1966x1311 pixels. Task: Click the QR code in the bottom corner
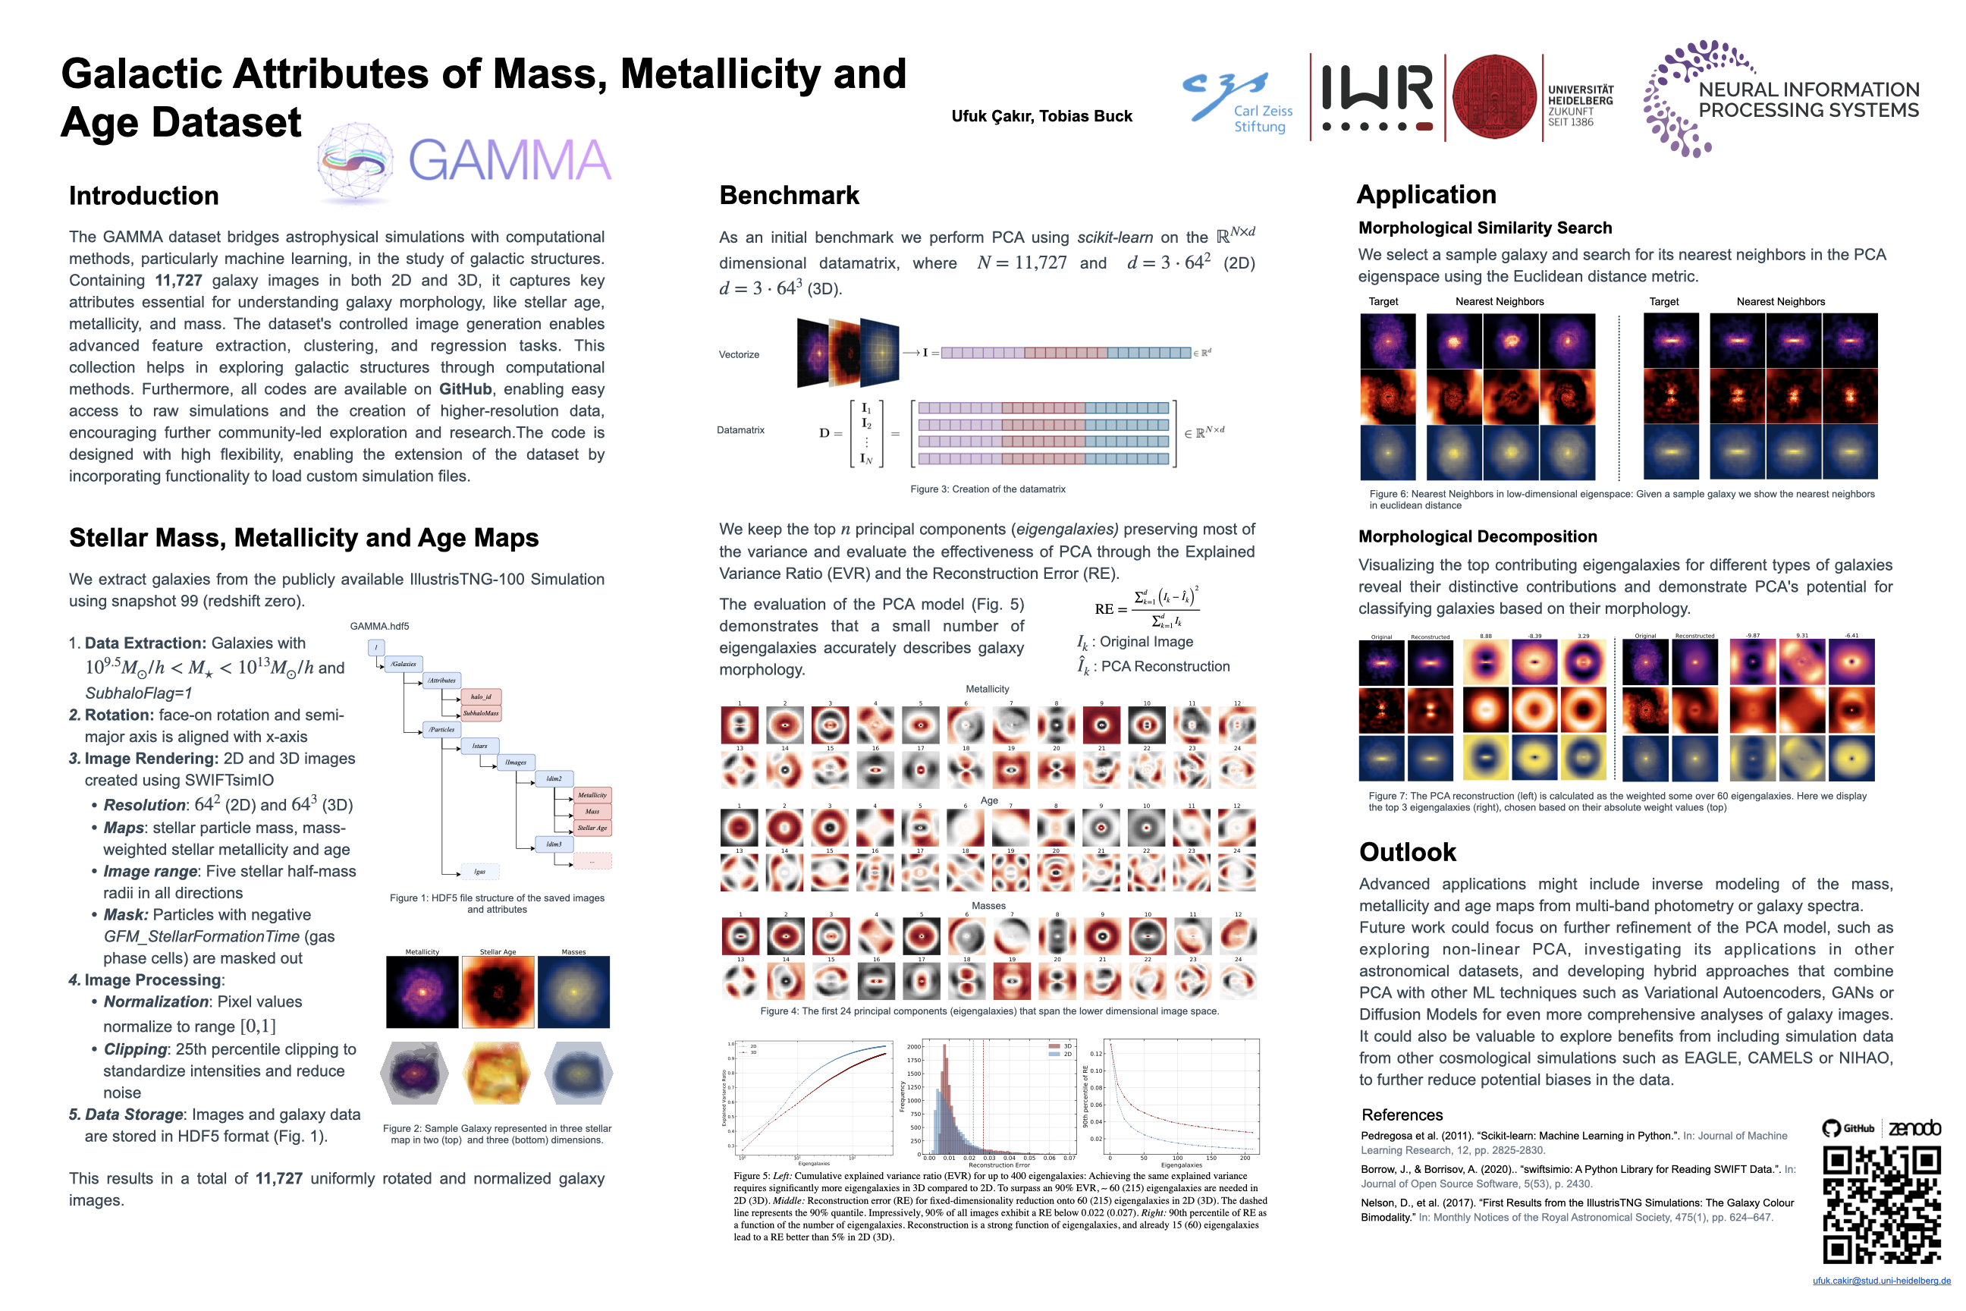pyautogui.click(x=1881, y=1205)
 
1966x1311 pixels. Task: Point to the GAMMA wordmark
pyautogui.click(x=509, y=161)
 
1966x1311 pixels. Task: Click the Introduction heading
pyautogui.click(x=144, y=196)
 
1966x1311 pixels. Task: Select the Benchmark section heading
pyautogui.click(x=789, y=196)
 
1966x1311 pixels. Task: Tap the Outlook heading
pyautogui.click(x=1408, y=852)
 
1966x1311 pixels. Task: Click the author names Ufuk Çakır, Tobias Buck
pyautogui.click(x=1041, y=116)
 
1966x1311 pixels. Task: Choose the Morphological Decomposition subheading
pyautogui.click(x=1477, y=537)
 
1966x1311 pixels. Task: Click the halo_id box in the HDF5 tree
pyautogui.click(x=482, y=696)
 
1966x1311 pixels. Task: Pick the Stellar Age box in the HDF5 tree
pyautogui.click(x=592, y=828)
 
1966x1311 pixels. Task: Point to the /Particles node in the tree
pyautogui.click(x=441, y=729)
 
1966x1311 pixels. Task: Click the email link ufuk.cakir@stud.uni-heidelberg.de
pyautogui.click(x=1881, y=1281)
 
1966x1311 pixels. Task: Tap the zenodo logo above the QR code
pyautogui.click(x=1914, y=1128)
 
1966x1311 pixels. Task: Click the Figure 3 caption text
pyautogui.click(x=988, y=489)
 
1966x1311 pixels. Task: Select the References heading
pyautogui.click(x=1402, y=1115)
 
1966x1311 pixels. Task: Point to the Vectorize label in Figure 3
pyautogui.click(x=739, y=354)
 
